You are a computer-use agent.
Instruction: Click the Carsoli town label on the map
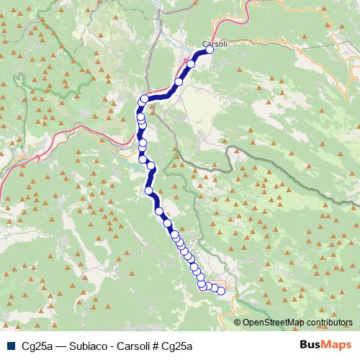click(x=215, y=44)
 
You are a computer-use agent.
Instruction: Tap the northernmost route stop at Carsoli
click(x=210, y=50)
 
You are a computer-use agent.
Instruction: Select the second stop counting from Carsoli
click(x=191, y=64)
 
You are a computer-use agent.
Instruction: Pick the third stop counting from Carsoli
click(x=179, y=82)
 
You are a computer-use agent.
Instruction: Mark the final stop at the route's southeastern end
click(x=221, y=290)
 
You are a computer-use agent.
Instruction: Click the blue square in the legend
click(x=10, y=346)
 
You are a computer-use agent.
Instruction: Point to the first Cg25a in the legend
click(x=37, y=346)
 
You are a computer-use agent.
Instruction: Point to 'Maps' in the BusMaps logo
click(x=338, y=345)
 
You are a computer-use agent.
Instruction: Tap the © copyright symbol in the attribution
click(x=238, y=323)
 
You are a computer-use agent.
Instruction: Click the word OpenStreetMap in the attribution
click(x=273, y=323)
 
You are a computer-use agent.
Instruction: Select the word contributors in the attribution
click(x=330, y=323)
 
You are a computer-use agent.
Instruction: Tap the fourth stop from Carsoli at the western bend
click(x=145, y=99)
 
